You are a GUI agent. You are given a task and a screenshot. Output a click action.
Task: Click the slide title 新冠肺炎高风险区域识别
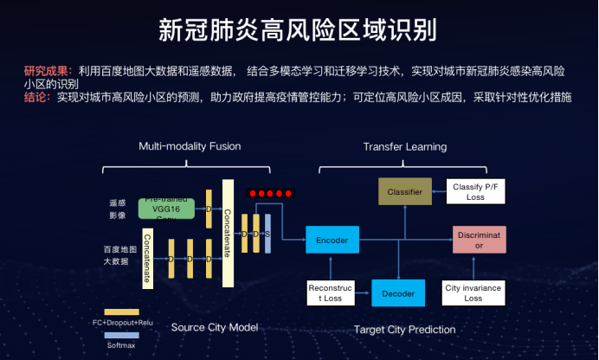[298, 29]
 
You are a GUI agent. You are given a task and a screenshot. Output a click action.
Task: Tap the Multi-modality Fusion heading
[190, 146]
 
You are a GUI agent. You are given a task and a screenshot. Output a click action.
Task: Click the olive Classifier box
[404, 191]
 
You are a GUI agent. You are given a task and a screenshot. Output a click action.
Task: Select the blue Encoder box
[332, 239]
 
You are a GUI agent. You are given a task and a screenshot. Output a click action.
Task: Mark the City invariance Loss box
[473, 293]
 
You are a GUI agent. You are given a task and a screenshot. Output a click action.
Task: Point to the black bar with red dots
[270, 193]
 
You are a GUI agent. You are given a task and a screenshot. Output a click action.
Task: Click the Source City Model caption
[215, 328]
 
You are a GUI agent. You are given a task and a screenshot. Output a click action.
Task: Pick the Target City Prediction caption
[404, 330]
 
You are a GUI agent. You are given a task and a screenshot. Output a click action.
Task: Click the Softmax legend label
[121, 344]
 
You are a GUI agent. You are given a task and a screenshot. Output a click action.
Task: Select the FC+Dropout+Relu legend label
[121, 322]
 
